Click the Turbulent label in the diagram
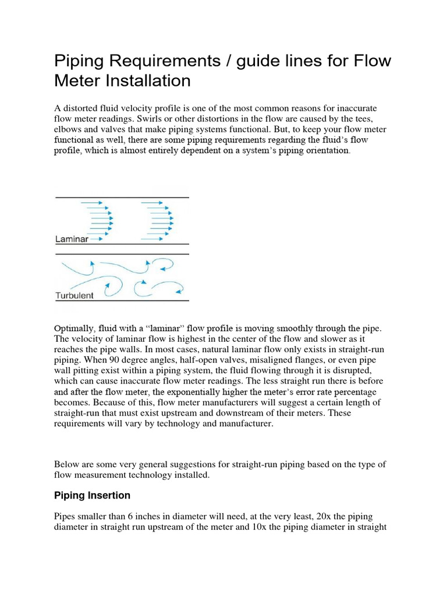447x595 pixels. click(x=74, y=295)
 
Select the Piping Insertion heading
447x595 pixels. click(x=92, y=496)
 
